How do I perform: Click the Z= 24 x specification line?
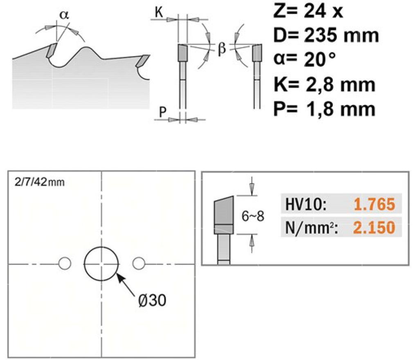tap(308, 11)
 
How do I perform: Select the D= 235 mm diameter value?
tap(326, 35)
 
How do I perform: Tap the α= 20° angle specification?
tap(305, 59)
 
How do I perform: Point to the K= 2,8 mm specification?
tap(324, 85)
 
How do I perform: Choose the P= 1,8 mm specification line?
tap(324, 109)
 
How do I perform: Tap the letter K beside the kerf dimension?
tap(159, 12)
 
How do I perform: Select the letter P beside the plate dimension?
tap(162, 112)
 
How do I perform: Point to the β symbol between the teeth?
tap(222, 49)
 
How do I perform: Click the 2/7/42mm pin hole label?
tap(40, 182)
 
